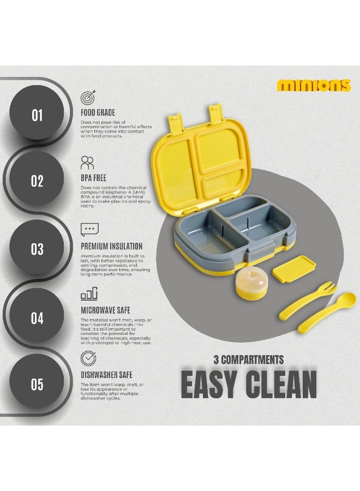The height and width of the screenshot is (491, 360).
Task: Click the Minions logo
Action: click(x=313, y=85)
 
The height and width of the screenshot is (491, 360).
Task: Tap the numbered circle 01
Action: click(x=37, y=115)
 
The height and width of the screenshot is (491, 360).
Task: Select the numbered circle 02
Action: click(x=37, y=181)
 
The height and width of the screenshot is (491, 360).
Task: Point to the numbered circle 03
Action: click(x=37, y=249)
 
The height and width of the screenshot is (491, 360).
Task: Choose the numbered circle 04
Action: click(x=37, y=318)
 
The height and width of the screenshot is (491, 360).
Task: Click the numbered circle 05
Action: click(x=37, y=385)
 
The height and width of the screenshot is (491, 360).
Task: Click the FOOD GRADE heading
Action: click(x=98, y=112)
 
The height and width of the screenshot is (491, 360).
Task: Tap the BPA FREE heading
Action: click(x=93, y=178)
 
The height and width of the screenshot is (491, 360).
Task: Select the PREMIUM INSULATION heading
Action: click(x=111, y=246)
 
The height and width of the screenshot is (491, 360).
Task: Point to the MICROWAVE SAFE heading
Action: click(x=105, y=310)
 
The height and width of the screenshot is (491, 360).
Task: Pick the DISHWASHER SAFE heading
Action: click(x=106, y=375)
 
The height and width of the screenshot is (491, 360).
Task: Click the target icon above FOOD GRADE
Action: click(x=88, y=97)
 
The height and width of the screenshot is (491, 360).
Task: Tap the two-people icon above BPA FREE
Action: click(x=87, y=163)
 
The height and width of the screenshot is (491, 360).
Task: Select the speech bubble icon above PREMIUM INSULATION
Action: click(x=89, y=229)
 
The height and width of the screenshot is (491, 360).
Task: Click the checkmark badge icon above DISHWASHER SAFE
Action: click(x=88, y=358)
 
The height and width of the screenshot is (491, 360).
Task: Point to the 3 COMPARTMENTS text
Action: click(x=248, y=360)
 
